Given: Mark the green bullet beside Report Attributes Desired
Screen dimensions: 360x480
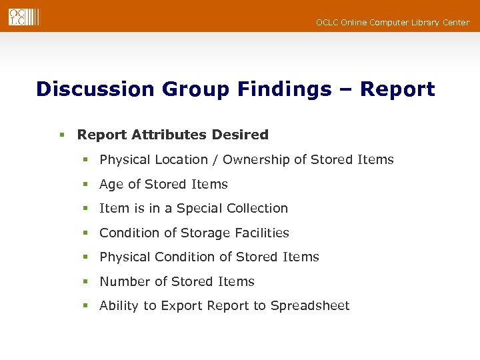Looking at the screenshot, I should tap(61, 135).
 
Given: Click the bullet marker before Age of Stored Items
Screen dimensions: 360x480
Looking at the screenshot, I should tap(85, 185).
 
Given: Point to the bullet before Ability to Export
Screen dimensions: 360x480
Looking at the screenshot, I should tap(85, 306).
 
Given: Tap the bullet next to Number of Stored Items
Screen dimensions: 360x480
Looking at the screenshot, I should tap(85, 282).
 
